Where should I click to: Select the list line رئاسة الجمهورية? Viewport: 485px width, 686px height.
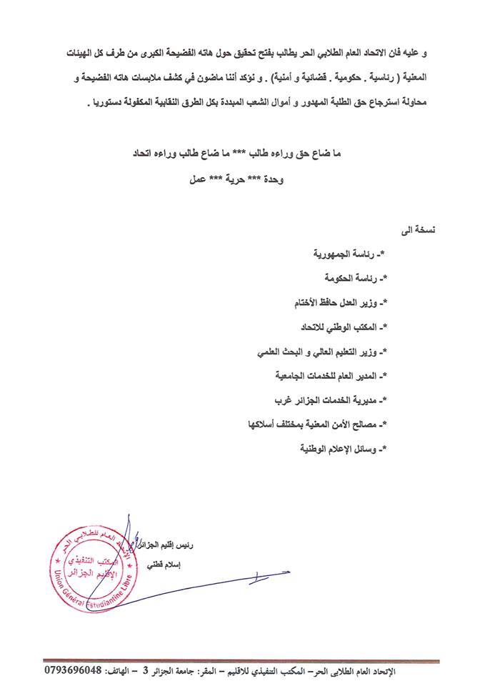pyautogui.click(x=351, y=254)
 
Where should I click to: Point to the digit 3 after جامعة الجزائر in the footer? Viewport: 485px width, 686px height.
pyautogui.click(x=145, y=673)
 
